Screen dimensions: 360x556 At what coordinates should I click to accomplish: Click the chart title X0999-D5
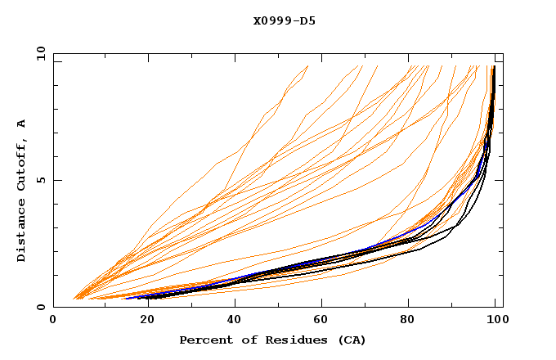[x=285, y=20]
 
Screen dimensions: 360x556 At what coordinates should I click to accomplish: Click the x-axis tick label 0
[x=54, y=322]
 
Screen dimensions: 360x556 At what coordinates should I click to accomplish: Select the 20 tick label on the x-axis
[x=143, y=322]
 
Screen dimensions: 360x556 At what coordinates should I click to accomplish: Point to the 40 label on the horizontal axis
[x=232, y=322]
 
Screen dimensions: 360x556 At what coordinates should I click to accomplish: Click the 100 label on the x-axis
[x=499, y=322]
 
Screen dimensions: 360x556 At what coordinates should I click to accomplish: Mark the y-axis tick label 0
[x=40, y=308]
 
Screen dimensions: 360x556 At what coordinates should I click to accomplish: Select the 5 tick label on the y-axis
[x=40, y=180]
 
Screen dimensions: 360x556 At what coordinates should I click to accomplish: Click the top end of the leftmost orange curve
[x=307, y=66]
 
